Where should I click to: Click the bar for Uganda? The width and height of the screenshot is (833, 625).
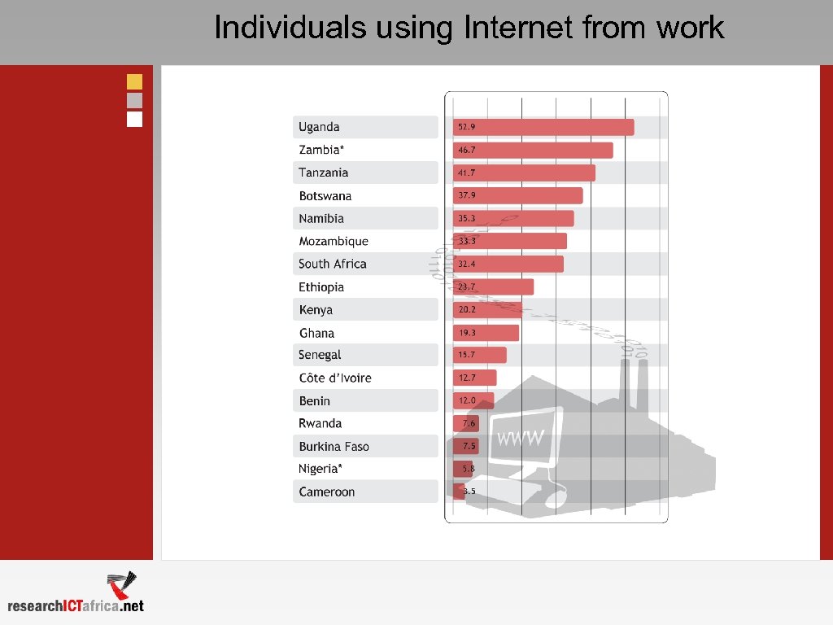click(x=543, y=127)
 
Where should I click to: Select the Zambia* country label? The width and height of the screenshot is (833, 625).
click(x=321, y=150)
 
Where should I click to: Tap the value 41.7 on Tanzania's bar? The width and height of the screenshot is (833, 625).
click(x=466, y=173)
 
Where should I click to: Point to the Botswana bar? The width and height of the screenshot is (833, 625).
click(x=517, y=195)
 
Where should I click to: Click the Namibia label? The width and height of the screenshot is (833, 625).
click(x=321, y=218)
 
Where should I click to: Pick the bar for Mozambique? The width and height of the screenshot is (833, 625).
click(x=509, y=241)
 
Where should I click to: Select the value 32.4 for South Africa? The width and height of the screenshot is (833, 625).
click(x=466, y=264)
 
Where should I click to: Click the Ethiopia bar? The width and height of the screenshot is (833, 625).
click(x=493, y=286)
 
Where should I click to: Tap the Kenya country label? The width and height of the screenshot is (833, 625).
click(x=316, y=310)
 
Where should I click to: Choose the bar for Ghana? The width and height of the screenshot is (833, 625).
click(x=486, y=333)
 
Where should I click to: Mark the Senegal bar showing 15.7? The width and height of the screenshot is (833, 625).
click(x=479, y=355)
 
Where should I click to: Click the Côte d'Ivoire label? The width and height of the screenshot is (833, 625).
click(x=335, y=378)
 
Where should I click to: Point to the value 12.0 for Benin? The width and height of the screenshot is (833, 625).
click(x=466, y=401)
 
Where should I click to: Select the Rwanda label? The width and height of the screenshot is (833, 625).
click(x=320, y=423)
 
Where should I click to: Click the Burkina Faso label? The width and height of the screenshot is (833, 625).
click(x=334, y=447)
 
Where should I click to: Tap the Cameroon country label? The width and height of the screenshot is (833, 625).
click(x=327, y=492)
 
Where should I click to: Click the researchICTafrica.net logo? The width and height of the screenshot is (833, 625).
click(x=77, y=594)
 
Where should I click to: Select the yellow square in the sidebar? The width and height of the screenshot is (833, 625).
click(x=134, y=81)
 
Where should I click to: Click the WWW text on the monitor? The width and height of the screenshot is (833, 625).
click(x=520, y=438)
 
